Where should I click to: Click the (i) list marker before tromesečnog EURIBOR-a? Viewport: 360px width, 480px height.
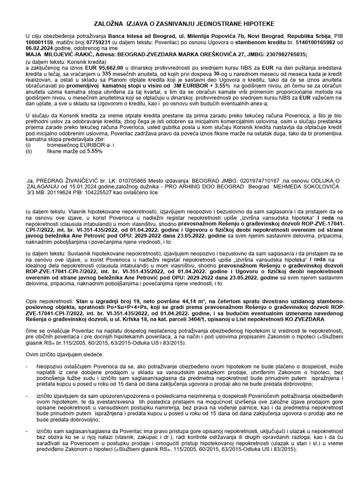coord(29,145)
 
